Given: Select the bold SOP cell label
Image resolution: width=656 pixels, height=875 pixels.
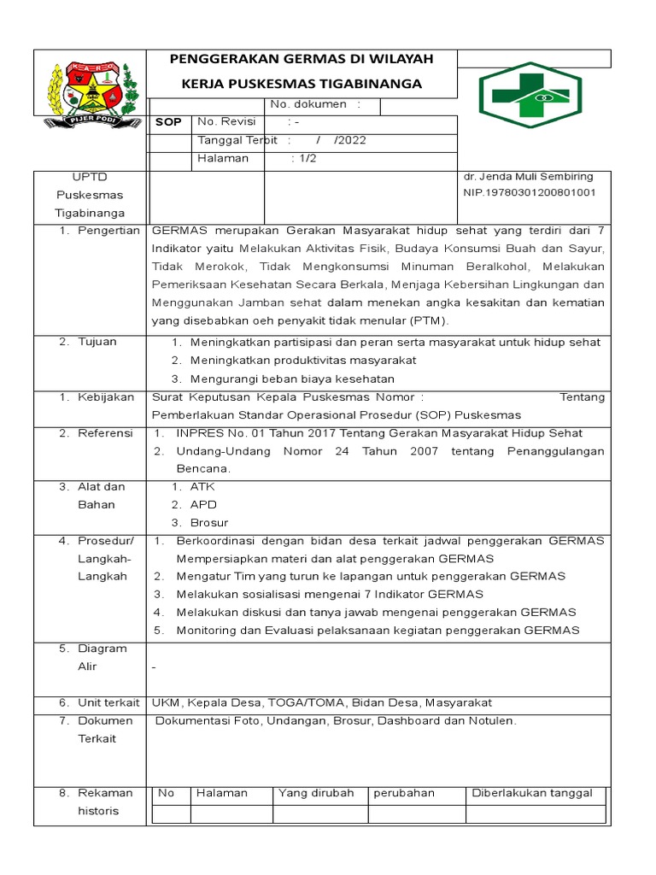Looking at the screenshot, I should [x=168, y=122].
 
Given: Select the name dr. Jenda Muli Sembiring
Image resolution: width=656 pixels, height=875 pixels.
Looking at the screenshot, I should [x=527, y=177].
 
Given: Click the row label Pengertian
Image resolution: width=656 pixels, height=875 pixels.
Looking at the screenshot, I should [x=108, y=231].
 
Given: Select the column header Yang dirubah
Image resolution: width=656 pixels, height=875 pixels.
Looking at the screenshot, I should [x=316, y=793].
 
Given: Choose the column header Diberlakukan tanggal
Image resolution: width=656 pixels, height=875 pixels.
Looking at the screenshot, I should [x=532, y=793].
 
